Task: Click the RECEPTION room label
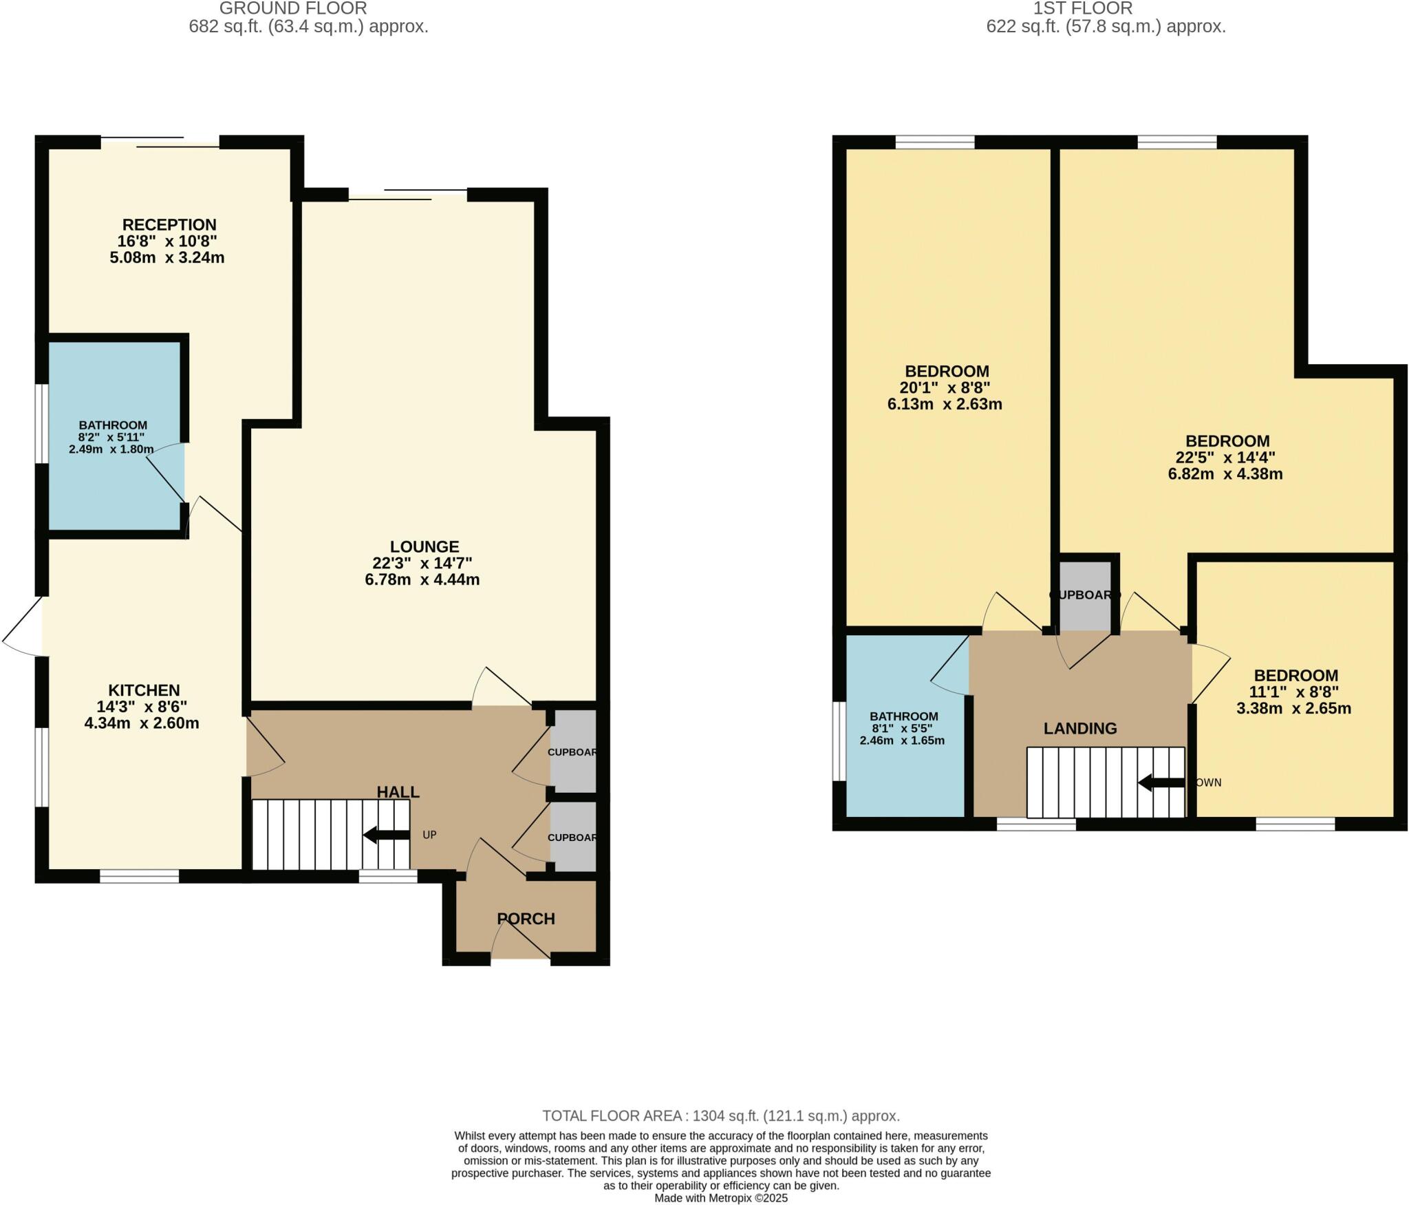[169, 225]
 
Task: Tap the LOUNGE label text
[424, 546]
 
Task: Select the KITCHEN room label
[144, 690]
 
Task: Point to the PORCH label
[526, 919]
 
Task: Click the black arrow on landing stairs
[1161, 782]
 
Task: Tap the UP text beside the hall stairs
[429, 835]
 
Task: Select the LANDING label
[1079, 728]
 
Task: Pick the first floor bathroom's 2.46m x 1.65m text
[901, 740]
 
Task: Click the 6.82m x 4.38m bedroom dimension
[1225, 473]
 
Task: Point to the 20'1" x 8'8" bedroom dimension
[945, 387]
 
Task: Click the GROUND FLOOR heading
[293, 9]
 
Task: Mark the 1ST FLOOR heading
[1082, 9]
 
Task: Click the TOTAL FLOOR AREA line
[720, 1116]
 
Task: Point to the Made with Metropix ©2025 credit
[720, 1198]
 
